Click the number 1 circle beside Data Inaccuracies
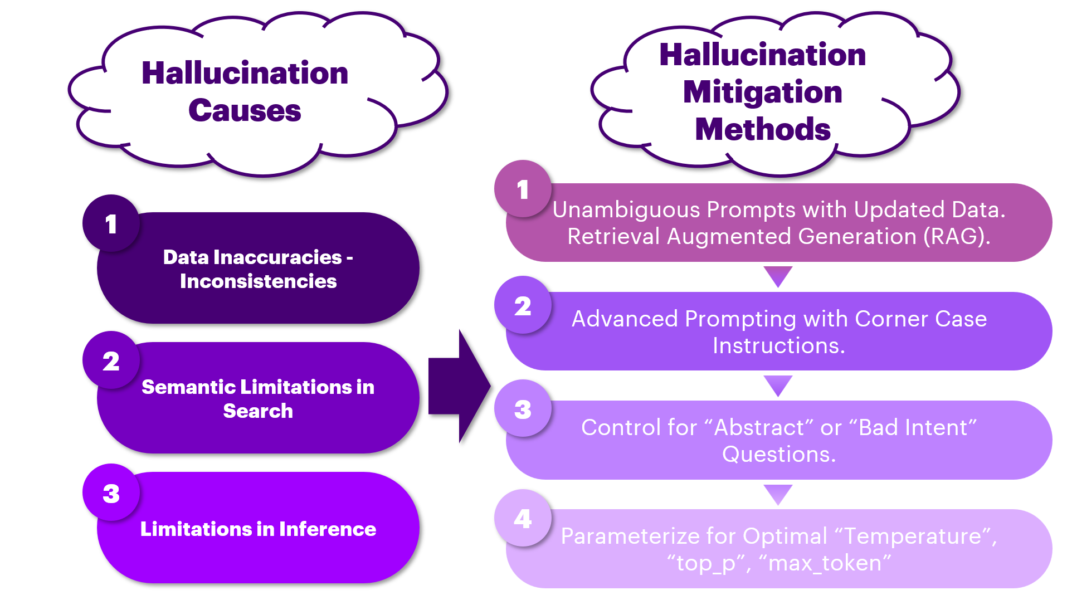(111, 223)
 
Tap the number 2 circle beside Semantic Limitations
(111, 361)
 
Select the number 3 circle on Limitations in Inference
(111, 493)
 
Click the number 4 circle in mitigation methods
(523, 519)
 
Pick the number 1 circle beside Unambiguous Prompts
(523, 189)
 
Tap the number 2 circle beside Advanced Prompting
(523, 306)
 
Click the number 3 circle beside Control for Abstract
(523, 409)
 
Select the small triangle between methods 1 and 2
(778, 275)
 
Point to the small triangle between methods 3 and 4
(778, 493)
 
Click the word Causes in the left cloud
(245, 110)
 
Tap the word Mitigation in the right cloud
(762, 92)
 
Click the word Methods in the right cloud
(762, 129)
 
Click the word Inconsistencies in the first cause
(258, 281)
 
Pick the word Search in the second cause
(258, 411)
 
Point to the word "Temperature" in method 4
(913, 536)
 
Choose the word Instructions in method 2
(778, 346)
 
